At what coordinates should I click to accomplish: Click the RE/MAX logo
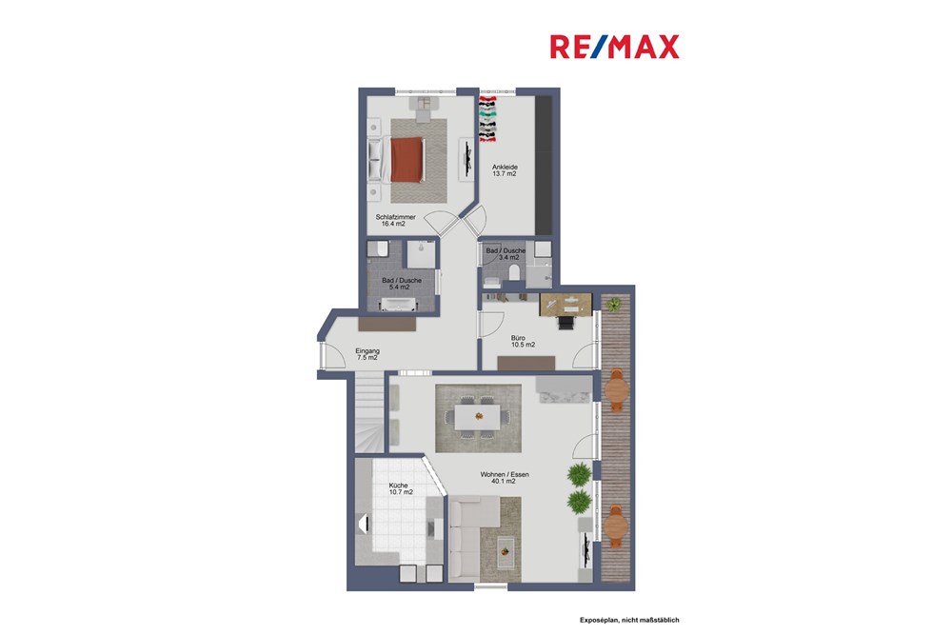614,47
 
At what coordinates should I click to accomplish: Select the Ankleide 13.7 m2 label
505,170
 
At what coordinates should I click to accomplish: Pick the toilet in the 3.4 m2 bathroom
515,274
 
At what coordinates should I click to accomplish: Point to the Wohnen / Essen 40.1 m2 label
506,478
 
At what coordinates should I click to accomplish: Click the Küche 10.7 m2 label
400,488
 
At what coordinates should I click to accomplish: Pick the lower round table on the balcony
617,523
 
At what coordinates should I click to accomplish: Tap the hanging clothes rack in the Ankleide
487,118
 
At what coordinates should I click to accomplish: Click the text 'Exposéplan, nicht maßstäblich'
630,620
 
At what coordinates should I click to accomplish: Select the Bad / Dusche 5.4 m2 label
401,283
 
